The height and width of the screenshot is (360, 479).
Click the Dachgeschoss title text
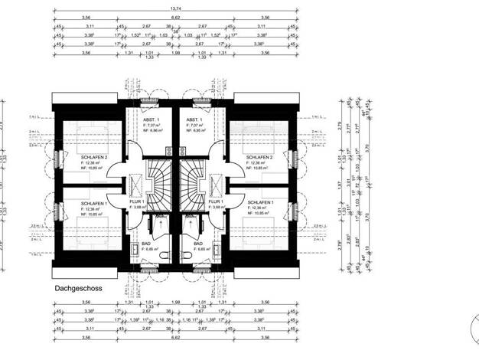click(80, 290)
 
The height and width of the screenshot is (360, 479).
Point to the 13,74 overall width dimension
click(176, 8)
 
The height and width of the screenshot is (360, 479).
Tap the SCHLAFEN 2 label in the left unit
click(94, 157)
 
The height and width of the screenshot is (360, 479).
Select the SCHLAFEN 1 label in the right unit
click(259, 203)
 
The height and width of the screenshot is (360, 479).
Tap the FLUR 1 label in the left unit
click(141, 201)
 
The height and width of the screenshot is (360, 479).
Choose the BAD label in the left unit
click(145, 243)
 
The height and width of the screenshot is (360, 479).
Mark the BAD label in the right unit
click(201, 243)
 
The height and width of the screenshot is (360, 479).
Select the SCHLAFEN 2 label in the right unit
click(259, 157)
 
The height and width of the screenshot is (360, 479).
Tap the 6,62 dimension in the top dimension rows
click(176, 16)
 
